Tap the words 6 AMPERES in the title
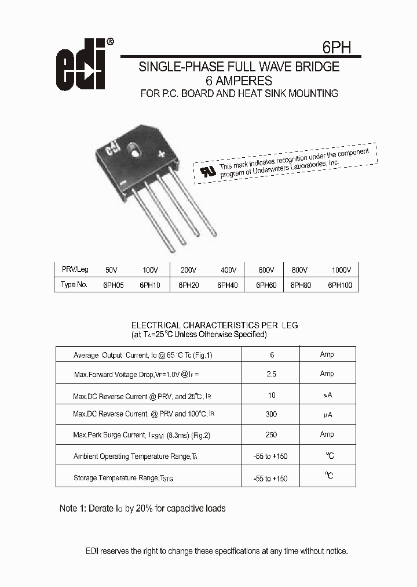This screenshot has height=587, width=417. point(239,81)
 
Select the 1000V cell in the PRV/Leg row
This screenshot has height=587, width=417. point(342,270)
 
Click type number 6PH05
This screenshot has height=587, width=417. point(114,285)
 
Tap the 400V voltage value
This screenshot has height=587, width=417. point(229,270)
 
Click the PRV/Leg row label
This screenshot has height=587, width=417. point(75,270)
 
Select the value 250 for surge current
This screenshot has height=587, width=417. point(270,434)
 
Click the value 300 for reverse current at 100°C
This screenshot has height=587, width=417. point(270,414)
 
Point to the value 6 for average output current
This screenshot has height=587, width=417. point(272,355)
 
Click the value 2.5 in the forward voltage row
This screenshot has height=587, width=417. point(271,374)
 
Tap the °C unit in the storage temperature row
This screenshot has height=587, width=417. point(328,476)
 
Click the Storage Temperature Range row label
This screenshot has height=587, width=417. point(124,478)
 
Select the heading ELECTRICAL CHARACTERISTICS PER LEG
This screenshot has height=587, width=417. point(215,325)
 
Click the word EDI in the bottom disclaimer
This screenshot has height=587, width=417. point(93,551)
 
